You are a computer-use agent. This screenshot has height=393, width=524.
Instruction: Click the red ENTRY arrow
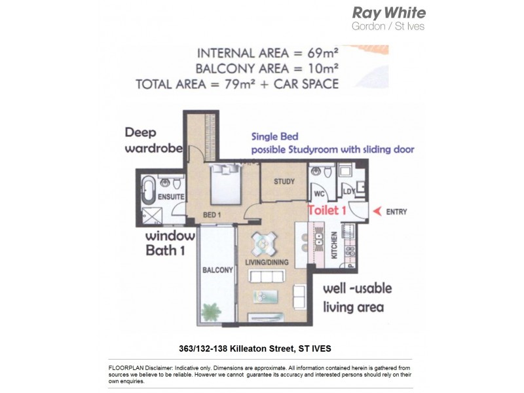pyautogui.click(x=377, y=212)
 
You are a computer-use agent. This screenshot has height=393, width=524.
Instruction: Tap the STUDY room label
pyautogui.click(x=284, y=182)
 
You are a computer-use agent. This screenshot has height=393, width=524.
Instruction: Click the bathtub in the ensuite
pyautogui.click(x=148, y=190)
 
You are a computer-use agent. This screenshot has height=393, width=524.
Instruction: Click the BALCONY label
pyautogui.click(x=218, y=270)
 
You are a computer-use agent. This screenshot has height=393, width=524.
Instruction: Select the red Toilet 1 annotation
pyautogui.click(x=326, y=210)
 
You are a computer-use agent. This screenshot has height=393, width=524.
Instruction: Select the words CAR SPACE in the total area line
pyautogui.click(x=306, y=84)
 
